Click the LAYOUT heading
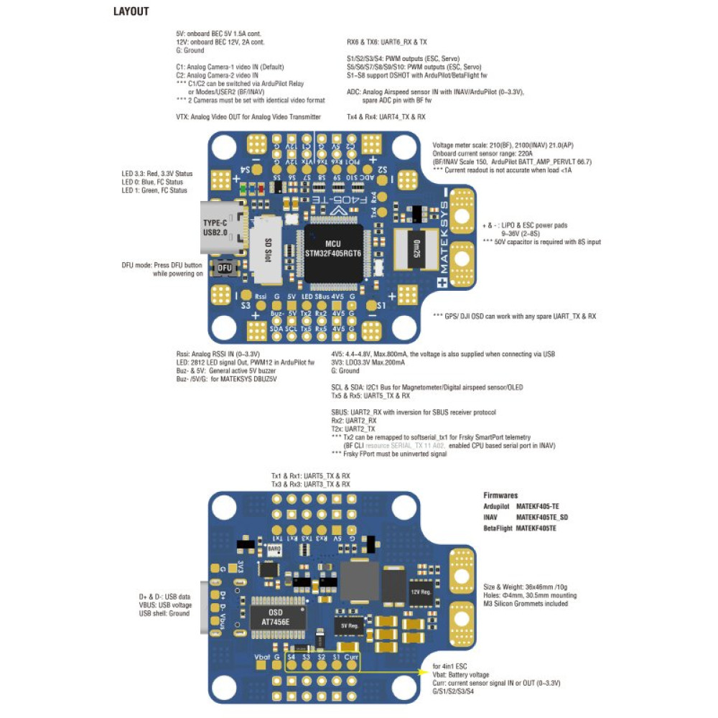(131, 12)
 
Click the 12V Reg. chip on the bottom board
(420, 593)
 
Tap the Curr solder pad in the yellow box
(351, 665)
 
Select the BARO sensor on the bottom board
(274, 551)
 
